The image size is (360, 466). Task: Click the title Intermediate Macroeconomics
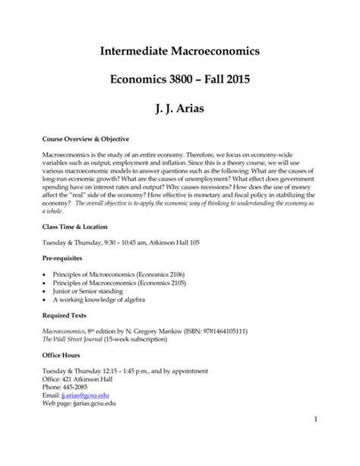179,52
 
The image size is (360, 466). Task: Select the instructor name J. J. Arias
179,110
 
